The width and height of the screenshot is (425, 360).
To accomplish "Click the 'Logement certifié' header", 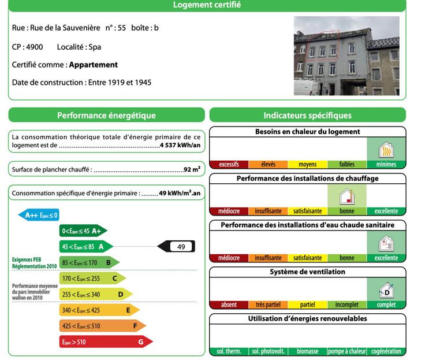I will tap(207, 5).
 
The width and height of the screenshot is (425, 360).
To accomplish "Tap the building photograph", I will tap(346, 55).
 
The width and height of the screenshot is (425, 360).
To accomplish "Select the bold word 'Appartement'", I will tap(93, 65).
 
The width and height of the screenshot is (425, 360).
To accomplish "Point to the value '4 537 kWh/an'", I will tap(180, 146).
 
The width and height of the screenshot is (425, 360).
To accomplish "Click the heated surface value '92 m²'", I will tap(192, 170).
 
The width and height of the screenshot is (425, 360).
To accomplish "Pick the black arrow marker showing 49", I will tap(177, 247).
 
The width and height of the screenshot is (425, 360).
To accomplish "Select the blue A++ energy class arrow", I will tap(39, 216).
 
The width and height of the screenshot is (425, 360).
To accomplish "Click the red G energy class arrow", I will tap(106, 342).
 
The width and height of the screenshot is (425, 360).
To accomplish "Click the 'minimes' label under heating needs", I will tap(386, 165).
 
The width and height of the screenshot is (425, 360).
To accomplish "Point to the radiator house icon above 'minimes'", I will tap(386, 151).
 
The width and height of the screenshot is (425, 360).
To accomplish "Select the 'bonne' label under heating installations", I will tap(347, 211).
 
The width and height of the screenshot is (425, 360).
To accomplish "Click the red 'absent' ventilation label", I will tap(229, 305).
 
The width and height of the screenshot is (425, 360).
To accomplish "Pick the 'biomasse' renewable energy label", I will tap(307, 351).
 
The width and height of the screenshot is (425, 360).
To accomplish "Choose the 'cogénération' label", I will tap(386, 351).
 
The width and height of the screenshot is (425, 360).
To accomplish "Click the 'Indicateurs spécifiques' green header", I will tap(307, 116).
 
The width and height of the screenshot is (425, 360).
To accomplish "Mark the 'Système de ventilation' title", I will tap(307, 272).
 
